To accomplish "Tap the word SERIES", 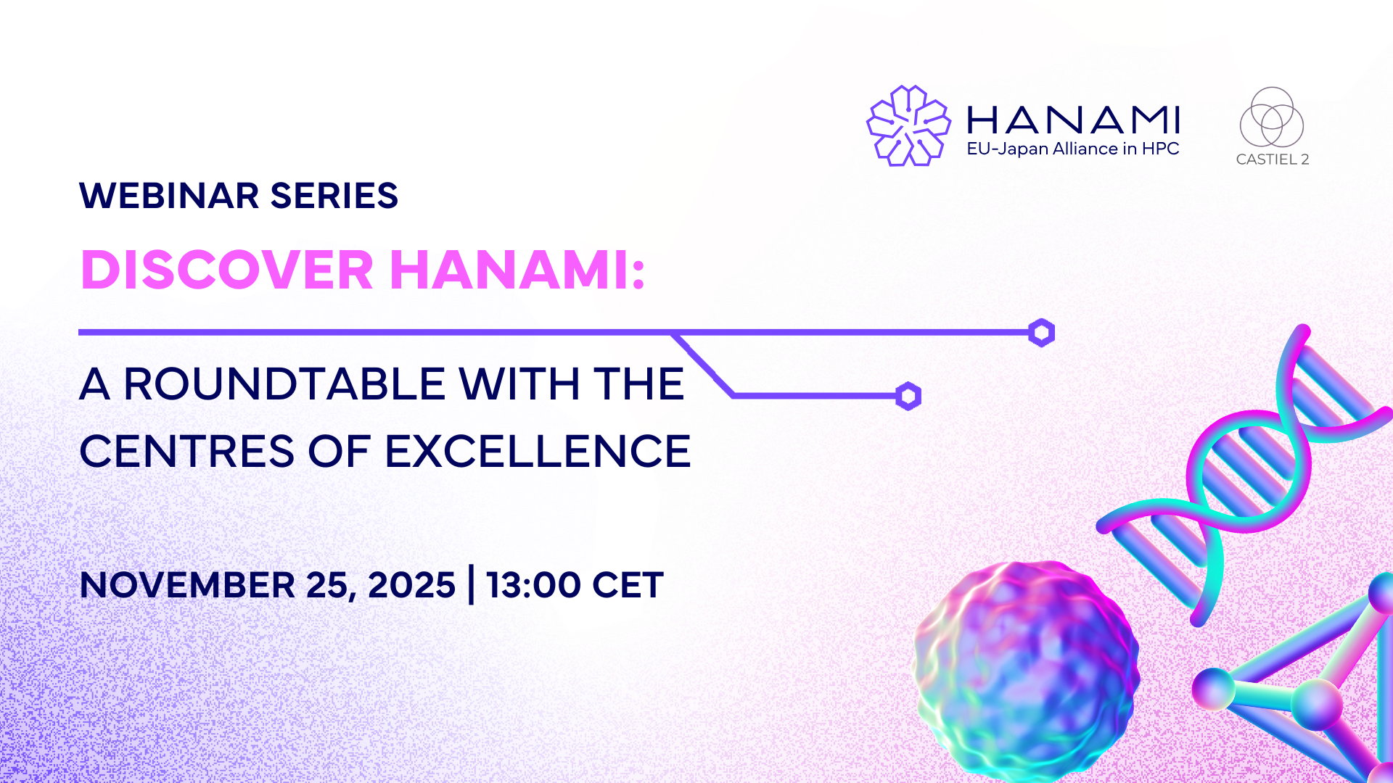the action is click(x=334, y=196).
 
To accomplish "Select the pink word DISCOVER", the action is click(x=227, y=270).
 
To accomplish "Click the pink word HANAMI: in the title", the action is click(x=517, y=270).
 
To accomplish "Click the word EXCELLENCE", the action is click(x=538, y=451).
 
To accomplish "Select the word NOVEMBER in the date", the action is click(x=188, y=585).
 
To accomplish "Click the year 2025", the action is click(x=411, y=585).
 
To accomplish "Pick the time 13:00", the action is click(x=533, y=585).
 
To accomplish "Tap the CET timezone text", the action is click(x=628, y=585).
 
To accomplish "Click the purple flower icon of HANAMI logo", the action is click(x=908, y=125).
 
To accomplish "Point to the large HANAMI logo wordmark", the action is click(x=1074, y=120).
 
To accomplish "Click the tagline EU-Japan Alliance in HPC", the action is click(x=1073, y=149).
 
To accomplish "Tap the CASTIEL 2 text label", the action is click(x=1273, y=159).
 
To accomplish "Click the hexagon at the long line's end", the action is click(x=1041, y=333).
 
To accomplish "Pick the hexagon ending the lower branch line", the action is click(x=908, y=396).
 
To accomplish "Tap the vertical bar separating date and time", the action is click(x=472, y=585).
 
